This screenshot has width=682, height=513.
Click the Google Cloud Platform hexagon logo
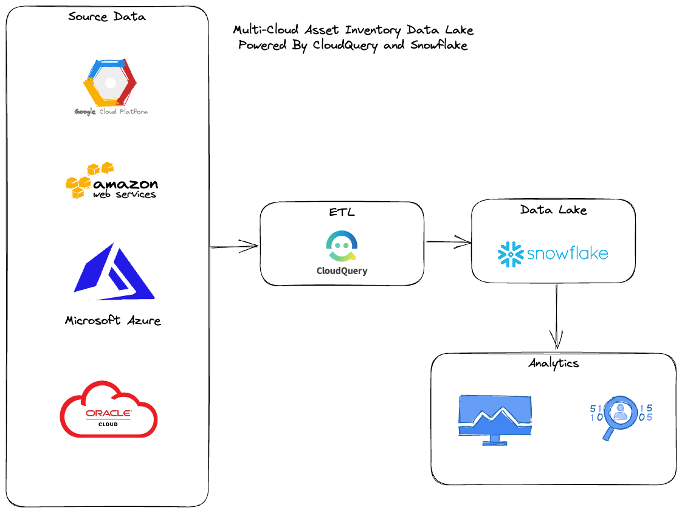110,83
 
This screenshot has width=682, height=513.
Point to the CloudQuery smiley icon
341,247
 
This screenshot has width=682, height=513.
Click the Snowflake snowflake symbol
511,253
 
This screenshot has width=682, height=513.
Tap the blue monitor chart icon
495,419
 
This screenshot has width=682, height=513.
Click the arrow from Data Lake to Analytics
556,316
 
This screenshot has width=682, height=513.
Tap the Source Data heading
107,16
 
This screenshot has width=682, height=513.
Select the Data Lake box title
553,210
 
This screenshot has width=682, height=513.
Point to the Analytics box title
553,363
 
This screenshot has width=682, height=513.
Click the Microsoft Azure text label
113,320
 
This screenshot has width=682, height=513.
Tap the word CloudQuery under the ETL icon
342,271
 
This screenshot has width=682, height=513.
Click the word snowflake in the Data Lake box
568,253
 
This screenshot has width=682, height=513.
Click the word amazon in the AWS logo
125,184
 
